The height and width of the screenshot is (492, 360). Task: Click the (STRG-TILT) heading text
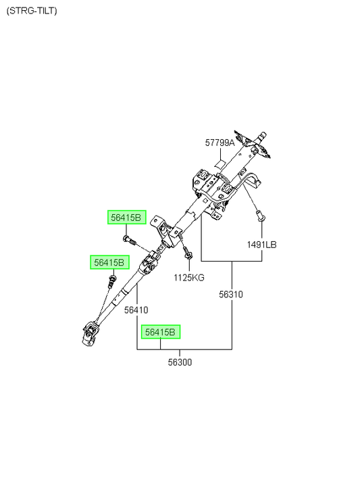[32, 11]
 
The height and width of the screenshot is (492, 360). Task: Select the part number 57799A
[220, 143]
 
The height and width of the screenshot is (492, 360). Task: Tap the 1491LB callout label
[262, 245]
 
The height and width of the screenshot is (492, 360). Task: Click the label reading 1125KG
[189, 278]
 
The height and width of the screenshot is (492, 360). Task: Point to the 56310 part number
[231, 295]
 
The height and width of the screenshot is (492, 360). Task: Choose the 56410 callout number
[136, 310]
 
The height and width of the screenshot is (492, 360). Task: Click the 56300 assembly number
[180, 362]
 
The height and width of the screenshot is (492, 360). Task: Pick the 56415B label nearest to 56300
[161, 332]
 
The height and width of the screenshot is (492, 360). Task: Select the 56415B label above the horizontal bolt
[127, 217]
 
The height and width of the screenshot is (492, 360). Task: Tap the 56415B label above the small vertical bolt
[109, 262]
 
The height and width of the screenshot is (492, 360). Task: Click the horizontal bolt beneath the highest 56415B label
[129, 240]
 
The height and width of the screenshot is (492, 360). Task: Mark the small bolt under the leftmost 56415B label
[111, 281]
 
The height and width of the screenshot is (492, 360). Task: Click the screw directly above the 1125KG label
[188, 253]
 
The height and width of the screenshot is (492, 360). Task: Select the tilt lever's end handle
[255, 182]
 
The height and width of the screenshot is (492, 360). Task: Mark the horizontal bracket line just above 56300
[184, 349]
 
